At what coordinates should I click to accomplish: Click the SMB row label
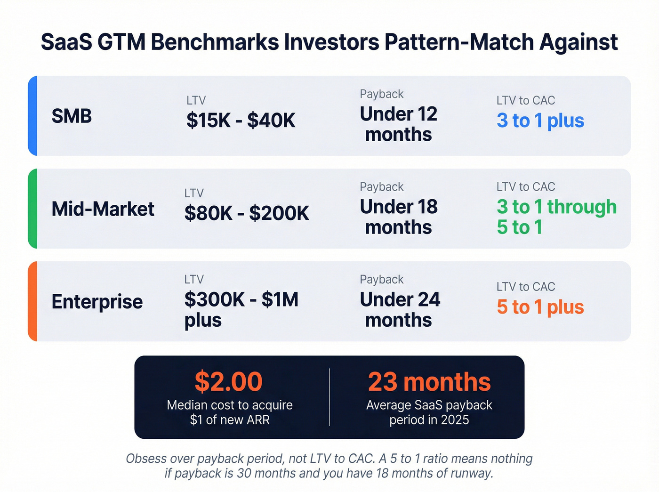(72, 116)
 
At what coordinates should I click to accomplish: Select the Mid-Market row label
(103, 209)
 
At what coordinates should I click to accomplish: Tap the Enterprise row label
(97, 301)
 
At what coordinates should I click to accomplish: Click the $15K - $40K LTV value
(241, 121)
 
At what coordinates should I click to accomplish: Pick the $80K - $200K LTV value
(247, 213)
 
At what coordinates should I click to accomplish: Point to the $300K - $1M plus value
(241, 309)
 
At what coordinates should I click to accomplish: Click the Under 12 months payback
(398, 124)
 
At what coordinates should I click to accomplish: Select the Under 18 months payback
(398, 217)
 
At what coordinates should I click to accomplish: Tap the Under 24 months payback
(400, 309)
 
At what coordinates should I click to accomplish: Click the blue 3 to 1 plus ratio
(540, 121)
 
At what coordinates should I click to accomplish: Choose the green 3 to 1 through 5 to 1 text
(556, 217)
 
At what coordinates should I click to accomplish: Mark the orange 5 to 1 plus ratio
(540, 307)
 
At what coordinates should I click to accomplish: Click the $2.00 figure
(229, 381)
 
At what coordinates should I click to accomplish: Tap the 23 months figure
(429, 381)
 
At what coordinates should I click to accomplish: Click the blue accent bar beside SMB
(32, 116)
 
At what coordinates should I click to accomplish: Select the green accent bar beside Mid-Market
(32, 209)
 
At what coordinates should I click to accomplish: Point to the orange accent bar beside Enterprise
(32, 301)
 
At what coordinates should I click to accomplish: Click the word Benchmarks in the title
(215, 42)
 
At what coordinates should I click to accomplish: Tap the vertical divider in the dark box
(329, 397)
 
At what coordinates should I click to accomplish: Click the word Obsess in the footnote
(146, 459)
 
